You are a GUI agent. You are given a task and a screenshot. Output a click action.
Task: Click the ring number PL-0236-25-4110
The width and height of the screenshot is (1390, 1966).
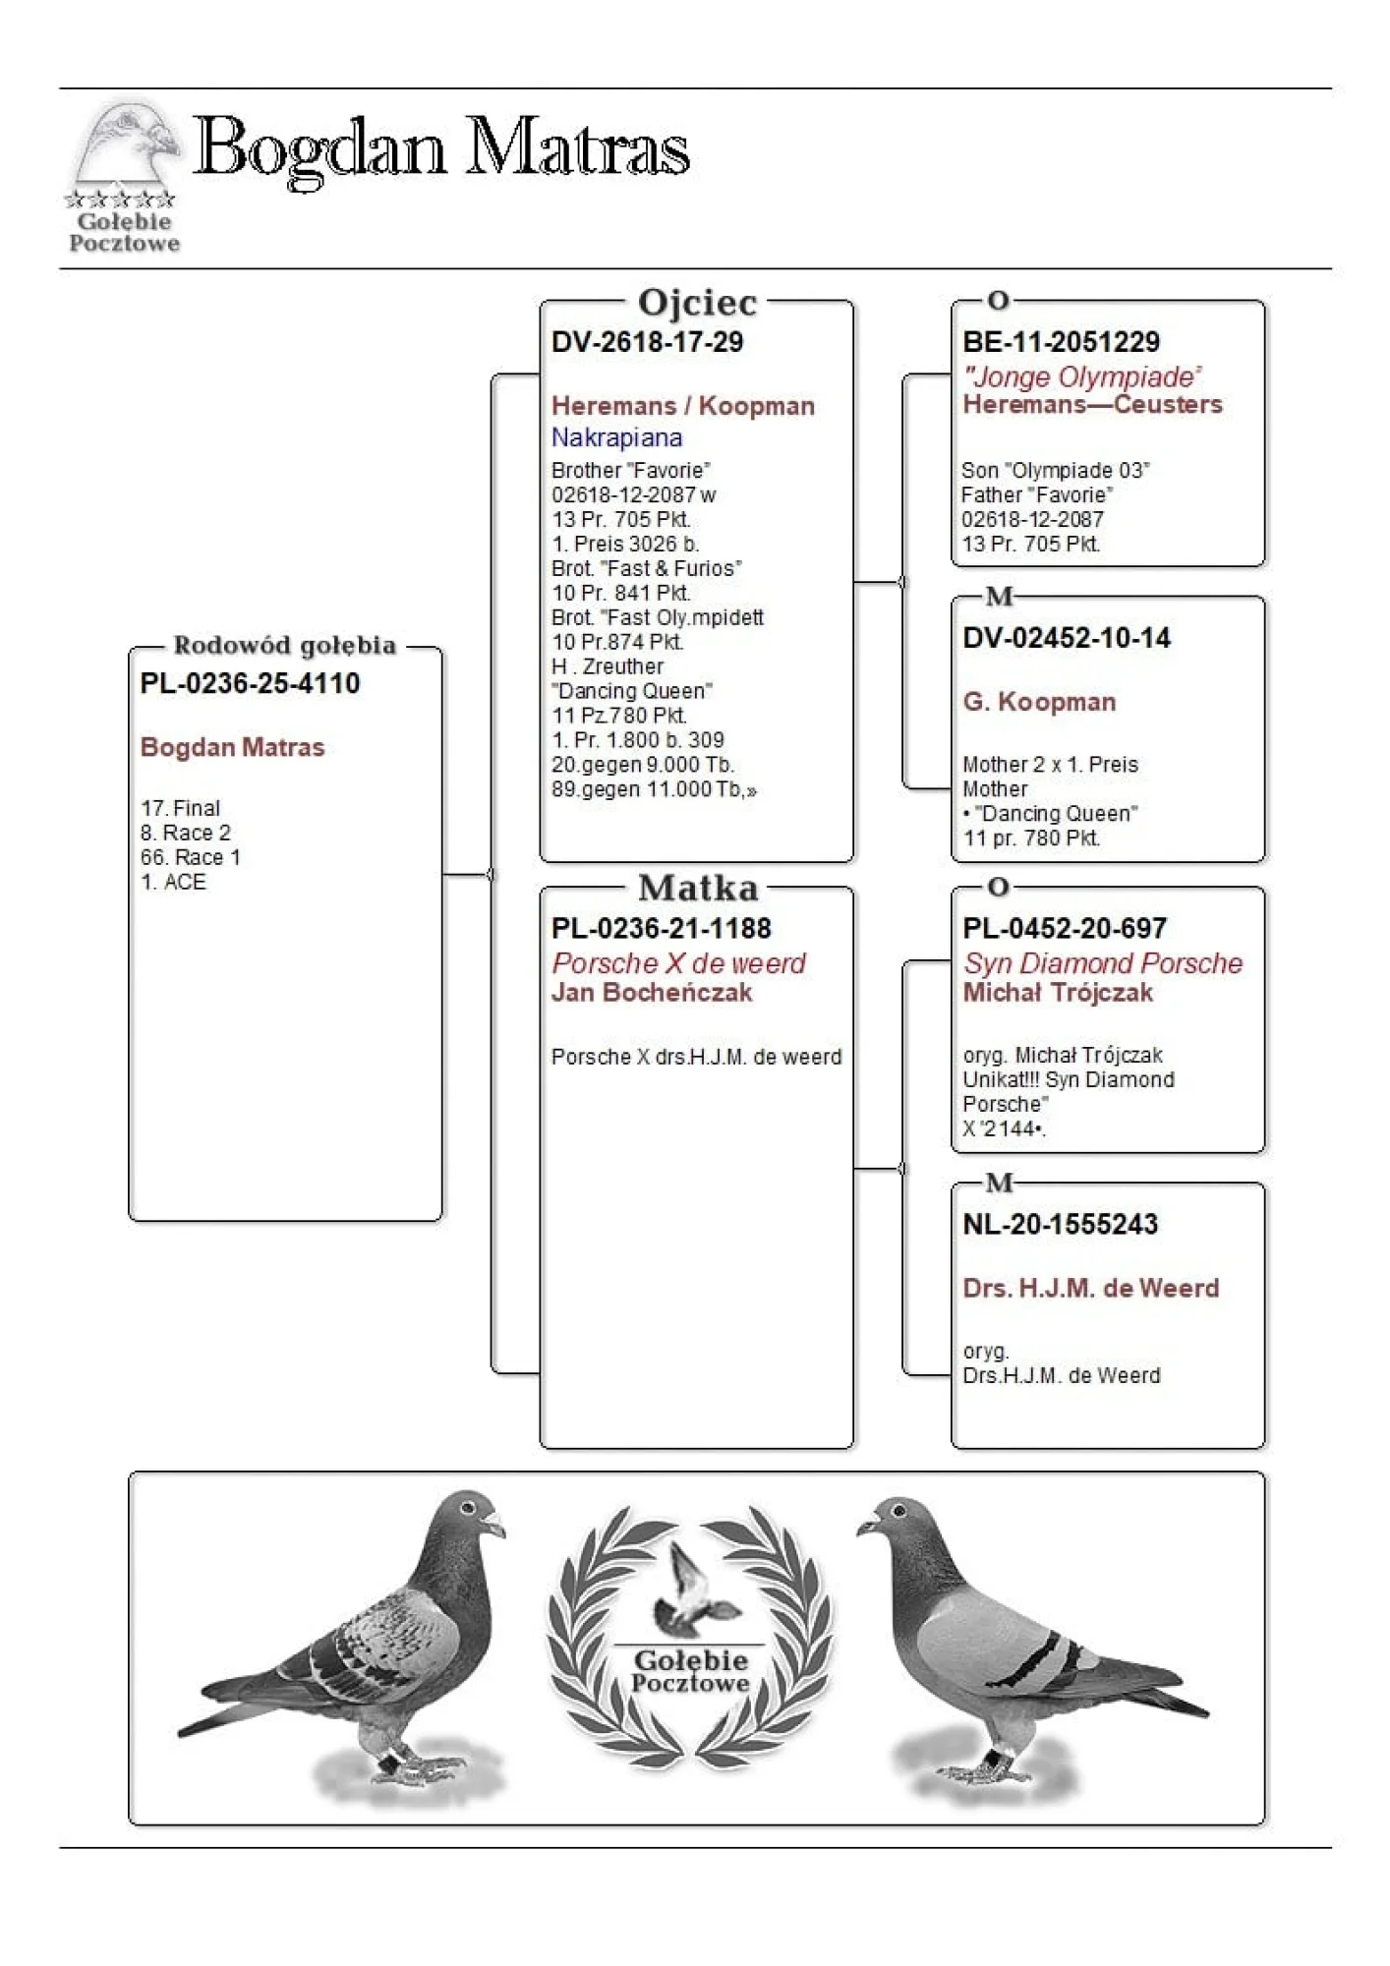coord(250,683)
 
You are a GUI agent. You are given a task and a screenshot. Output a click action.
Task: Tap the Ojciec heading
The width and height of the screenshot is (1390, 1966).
coord(697,302)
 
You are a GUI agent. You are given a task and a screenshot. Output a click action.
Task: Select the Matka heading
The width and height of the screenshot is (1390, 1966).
coord(698,889)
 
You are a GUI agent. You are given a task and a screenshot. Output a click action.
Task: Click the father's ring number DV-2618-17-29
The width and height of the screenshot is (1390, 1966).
coord(647,342)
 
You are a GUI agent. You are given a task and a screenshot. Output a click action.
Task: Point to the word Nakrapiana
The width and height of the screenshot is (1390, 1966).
coord(616,437)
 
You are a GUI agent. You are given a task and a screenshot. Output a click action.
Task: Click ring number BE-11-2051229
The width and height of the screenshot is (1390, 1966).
coord(1061,342)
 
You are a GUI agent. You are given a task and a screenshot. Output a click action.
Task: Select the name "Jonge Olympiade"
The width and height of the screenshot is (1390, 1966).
coord(1081,376)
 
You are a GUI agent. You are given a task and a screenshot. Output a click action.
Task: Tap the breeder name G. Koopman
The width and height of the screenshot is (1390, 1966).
coord(1039,702)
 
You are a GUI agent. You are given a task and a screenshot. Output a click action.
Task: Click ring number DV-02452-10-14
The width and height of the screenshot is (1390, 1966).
coord(1067,638)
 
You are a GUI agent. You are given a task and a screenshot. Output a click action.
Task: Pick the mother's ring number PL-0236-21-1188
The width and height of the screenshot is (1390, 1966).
coord(661,928)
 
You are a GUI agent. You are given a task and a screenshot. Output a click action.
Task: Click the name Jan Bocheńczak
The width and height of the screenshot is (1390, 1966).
coord(651,993)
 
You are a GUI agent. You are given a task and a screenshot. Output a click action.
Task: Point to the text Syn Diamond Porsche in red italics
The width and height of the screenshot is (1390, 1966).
coord(1102,963)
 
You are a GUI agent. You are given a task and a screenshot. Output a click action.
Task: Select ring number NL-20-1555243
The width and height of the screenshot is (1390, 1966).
coord(1060,1224)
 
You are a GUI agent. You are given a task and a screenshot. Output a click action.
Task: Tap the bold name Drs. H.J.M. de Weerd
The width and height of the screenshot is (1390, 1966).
coord(1090,1288)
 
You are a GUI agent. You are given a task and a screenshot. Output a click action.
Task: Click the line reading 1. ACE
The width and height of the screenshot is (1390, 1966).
coord(173,882)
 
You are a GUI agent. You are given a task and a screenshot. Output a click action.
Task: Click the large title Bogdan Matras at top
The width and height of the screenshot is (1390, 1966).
coord(442,149)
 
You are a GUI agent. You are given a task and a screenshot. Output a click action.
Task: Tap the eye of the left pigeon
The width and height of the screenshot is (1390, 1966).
coord(468,1507)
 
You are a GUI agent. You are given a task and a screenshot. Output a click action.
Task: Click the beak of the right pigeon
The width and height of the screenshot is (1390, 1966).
coord(865,1527)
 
